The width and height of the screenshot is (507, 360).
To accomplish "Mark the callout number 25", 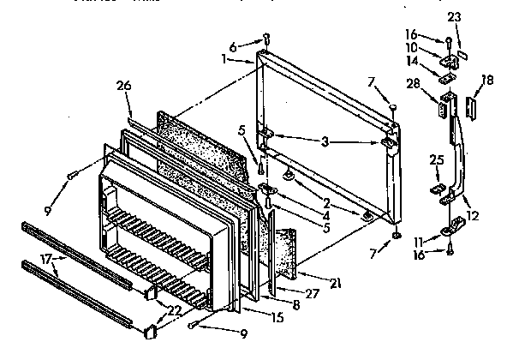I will [x=436, y=159].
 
